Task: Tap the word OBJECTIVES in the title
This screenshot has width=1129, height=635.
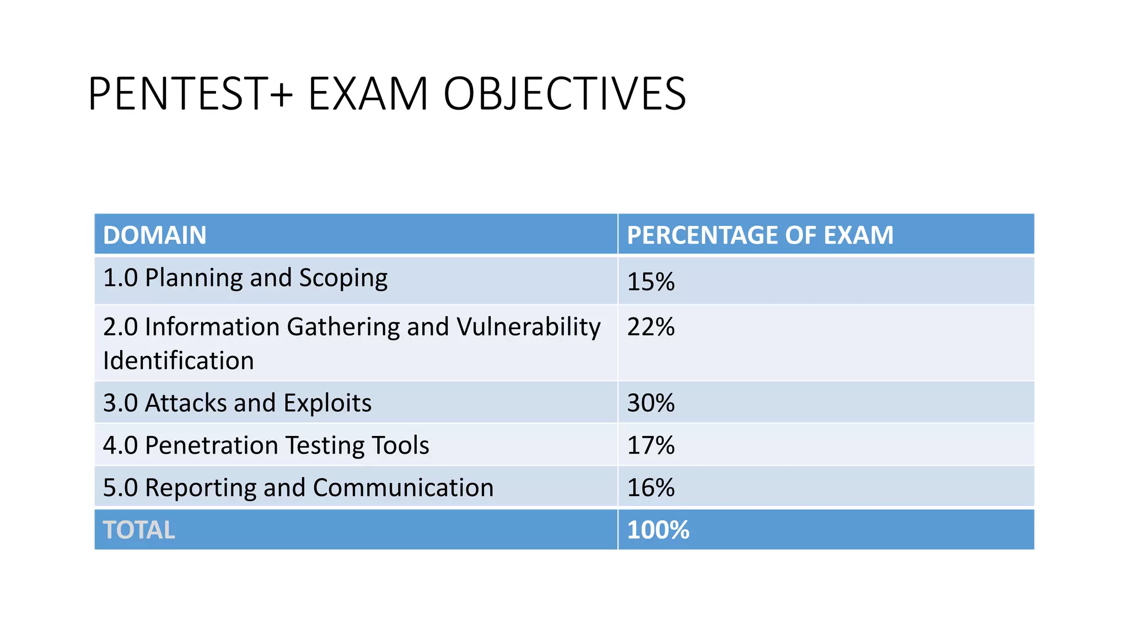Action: click(564, 94)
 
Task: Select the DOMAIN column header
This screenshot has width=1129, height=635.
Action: click(155, 235)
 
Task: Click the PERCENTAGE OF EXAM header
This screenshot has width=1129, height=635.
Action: click(760, 235)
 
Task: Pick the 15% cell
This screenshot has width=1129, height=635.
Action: click(651, 282)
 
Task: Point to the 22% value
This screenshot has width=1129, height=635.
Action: click(651, 327)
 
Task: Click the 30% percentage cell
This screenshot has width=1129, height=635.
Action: click(651, 403)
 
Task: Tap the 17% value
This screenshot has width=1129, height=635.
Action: click(651, 445)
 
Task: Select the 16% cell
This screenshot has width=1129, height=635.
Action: click(651, 488)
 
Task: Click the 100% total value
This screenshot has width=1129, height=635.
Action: click(658, 530)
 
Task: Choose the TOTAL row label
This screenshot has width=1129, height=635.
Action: click(139, 530)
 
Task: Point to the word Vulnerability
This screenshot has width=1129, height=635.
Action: click(529, 327)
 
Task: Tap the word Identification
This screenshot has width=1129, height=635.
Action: click(179, 361)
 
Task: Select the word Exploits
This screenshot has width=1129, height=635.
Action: click(327, 403)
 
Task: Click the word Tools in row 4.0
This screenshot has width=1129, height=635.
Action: click(400, 445)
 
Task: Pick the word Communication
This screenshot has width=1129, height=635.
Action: click(403, 488)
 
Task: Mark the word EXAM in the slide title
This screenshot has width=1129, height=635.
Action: click(368, 94)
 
